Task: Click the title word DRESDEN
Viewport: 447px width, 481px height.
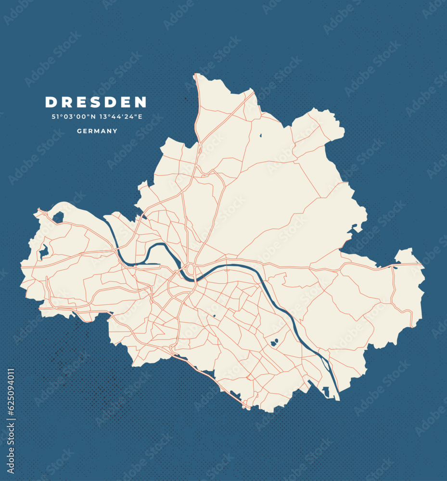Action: click(x=96, y=102)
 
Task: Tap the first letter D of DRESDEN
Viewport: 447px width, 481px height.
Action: click(x=50, y=102)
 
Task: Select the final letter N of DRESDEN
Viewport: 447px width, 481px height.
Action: click(x=140, y=102)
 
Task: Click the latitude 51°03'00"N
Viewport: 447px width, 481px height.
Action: click(x=73, y=117)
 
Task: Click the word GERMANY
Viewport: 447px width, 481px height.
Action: click(x=97, y=131)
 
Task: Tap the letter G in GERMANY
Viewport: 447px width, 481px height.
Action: click(x=79, y=131)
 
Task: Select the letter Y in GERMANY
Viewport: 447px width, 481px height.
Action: click(x=115, y=131)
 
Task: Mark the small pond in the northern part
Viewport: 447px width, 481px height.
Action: click(x=260, y=136)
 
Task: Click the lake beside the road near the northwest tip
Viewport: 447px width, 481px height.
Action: click(x=58, y=217)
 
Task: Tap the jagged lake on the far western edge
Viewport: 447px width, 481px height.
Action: click(x=44, y=251)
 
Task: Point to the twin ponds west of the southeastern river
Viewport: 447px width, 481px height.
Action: click(x=274, y=343)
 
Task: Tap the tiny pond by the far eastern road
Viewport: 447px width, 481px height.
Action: click(x=395, y=267)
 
